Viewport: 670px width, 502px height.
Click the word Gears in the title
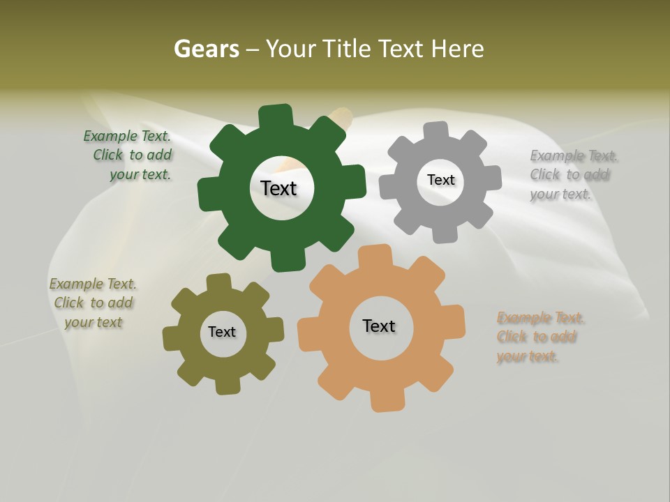(206, 49)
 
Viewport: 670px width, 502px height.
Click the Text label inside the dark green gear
(278, 188)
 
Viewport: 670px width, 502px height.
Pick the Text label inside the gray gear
(440, 180)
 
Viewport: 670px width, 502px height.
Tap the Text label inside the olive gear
(222, 332)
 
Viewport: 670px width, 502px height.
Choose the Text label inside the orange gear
(379, 326)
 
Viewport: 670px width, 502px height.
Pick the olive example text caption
(93, 303)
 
